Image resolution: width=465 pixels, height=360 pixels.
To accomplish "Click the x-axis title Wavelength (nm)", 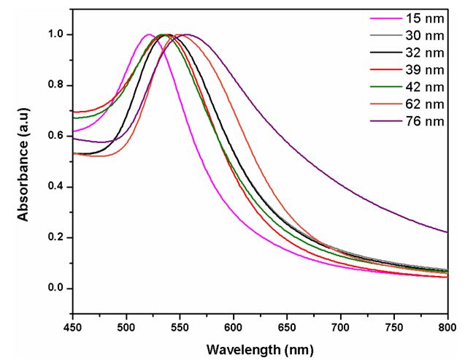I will click(x=260, y=349).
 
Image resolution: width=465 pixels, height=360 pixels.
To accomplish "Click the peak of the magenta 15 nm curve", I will click(x=149, y=34).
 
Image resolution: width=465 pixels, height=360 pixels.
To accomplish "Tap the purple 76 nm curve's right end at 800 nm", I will click(x=447, y=232).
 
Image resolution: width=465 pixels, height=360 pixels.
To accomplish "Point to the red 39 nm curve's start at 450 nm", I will click(x=74, y=112).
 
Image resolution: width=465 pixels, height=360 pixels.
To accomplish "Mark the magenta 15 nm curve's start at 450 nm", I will click(x=74, y=131).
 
